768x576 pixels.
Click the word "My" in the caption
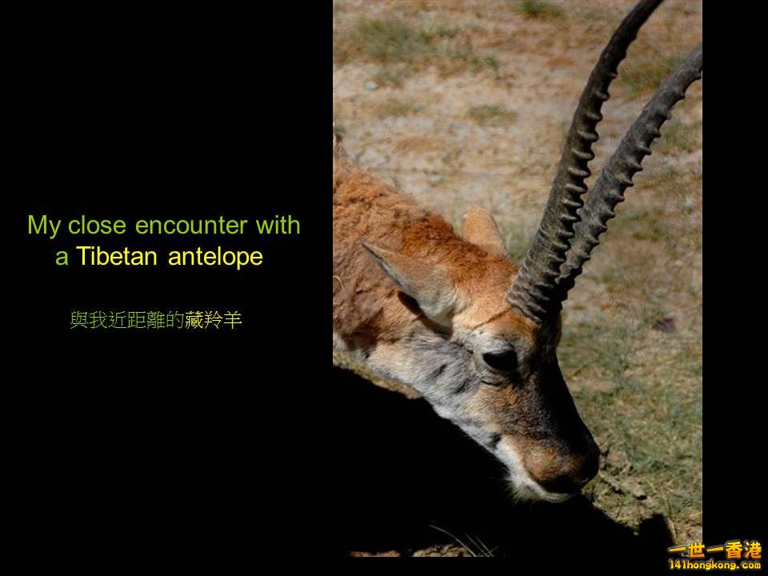(44, 226)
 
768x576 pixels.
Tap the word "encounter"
(192, 226)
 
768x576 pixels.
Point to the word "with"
(278, 225)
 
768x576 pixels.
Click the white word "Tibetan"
(119, 258)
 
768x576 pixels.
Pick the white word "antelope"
(216, 258)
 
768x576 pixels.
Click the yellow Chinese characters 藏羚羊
(213, 322)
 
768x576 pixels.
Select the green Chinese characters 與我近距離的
(126, 322)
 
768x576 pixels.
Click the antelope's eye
(500, 359)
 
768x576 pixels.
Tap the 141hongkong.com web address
(714, 566)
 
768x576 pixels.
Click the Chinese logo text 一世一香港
(714, 550)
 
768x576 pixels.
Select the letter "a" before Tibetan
(62, 258)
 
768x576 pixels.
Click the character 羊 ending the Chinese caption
(233, 322)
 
